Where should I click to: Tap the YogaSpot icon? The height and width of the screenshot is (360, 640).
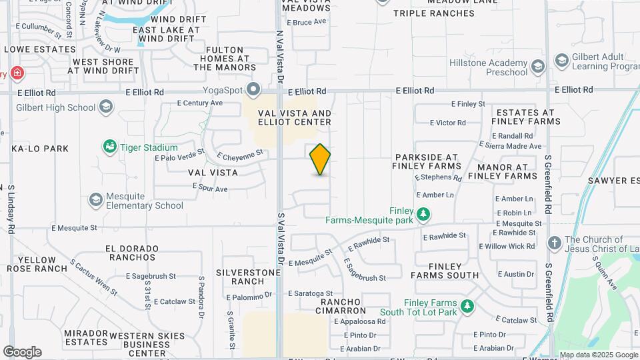[x=253, y=89]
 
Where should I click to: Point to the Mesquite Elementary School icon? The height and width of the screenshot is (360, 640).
[x=96, y=199]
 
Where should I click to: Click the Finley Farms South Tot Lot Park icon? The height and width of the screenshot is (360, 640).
[x=468, y=306]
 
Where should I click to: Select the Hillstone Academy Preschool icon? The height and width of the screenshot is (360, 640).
[x=538, y=66]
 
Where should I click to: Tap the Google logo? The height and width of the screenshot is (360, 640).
[x=22, y=351]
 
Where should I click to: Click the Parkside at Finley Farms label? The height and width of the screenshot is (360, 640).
[x=426, y=160]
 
